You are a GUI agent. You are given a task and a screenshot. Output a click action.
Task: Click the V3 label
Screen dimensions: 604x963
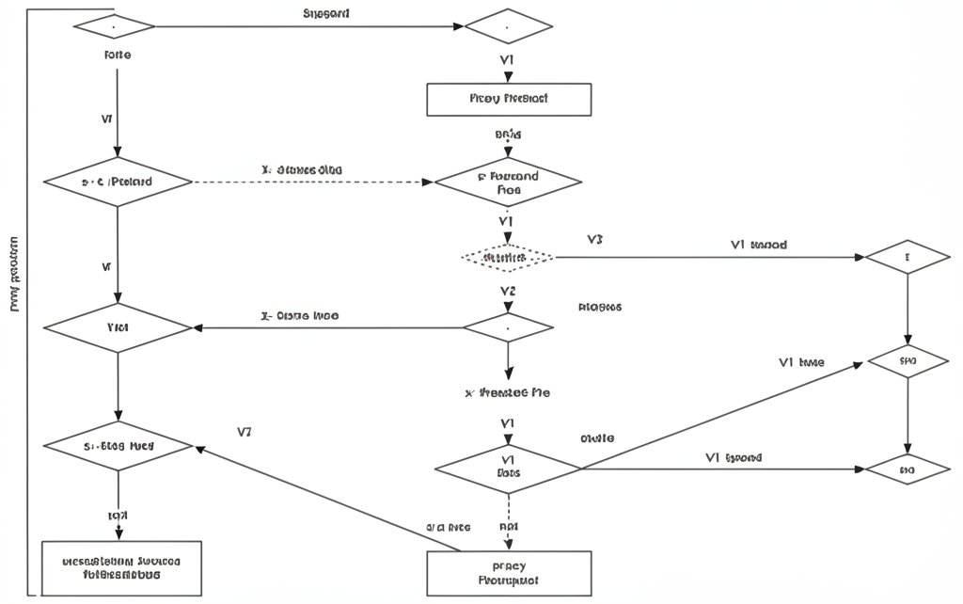[x=593, y=240]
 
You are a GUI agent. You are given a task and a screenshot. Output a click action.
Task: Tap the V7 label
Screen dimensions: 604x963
[x=245, y=433]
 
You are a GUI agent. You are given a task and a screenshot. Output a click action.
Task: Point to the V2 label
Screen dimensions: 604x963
[x=508, y=291]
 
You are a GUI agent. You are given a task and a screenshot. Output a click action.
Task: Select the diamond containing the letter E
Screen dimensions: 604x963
[x=908, y=256]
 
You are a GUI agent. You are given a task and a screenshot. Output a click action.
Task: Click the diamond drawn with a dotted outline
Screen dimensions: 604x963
[x=508, y=256]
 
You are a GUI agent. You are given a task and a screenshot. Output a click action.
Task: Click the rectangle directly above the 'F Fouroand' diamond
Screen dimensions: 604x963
[x=509, y=99]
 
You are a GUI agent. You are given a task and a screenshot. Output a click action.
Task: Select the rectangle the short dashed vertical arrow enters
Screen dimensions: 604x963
[x=509, y=573]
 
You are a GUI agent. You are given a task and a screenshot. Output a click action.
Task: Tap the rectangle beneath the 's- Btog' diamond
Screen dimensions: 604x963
[x=121, y=567]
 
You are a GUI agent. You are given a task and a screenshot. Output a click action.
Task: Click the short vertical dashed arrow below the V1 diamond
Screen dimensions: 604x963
[x=509, y=522]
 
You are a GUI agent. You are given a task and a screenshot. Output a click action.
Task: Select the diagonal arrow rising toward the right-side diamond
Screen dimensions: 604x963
[x=724, y=414]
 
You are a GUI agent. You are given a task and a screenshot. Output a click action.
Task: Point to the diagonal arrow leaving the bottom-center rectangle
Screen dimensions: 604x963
[x=329, y=499]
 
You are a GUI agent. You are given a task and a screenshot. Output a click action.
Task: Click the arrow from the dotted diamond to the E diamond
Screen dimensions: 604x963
[x=705, y=256]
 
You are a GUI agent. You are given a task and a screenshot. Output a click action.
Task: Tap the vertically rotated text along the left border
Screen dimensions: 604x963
[x=14, y=273]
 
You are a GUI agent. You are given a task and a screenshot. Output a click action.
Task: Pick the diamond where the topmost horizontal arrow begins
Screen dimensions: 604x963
[x=113, y=26]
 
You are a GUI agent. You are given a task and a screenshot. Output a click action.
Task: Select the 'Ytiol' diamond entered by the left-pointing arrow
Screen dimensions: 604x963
[x=118, y=327]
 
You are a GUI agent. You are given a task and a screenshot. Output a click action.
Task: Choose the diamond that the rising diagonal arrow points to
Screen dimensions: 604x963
[x=908, y=361]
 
